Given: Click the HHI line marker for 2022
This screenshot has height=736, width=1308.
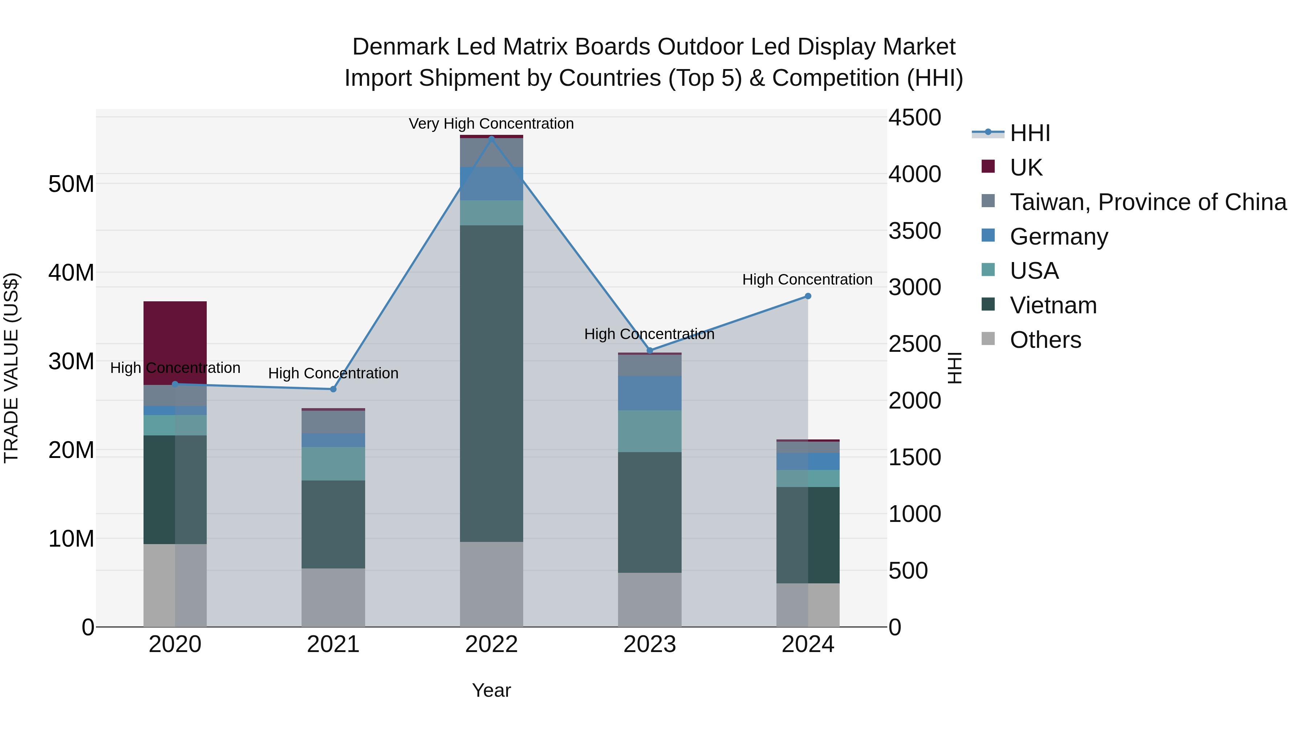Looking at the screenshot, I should (x=491, y=138).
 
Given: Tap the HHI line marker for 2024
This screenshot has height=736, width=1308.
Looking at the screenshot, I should (x=808, y=296).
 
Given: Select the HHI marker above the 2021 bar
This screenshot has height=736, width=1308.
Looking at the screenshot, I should (x=333, y=389).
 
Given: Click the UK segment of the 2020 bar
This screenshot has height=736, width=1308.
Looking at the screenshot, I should (x=175, y=343).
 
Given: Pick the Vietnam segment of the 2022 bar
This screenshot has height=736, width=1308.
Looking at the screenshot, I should (x=491, y=383).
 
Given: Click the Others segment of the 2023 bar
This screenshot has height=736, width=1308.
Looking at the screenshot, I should (x=649, y=599).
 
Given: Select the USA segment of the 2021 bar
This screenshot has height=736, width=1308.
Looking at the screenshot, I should (x=333, y=464).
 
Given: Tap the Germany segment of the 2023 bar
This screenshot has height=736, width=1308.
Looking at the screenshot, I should (x=649, y=393).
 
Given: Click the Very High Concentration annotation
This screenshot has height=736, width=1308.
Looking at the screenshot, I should (x=491, y=124).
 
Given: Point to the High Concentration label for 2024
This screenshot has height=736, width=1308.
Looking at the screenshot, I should (x=807, y=280).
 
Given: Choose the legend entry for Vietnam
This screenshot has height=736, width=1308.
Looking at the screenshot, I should (x=1053, y=305).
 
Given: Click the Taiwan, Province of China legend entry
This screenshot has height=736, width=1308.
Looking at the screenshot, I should (x=1147, y=202).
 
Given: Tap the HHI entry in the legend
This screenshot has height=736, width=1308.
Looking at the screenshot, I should (x=1030, y=133).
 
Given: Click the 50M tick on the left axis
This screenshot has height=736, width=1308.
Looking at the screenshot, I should (x=71, y=184).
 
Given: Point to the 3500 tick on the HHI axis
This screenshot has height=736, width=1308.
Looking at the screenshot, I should (x=915, y=231).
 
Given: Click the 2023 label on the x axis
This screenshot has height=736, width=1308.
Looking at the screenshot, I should (x=649, y=644).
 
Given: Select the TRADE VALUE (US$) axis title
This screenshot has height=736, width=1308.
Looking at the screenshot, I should (x=11, y=368).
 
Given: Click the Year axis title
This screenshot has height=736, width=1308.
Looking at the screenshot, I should (x=491, y=690).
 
